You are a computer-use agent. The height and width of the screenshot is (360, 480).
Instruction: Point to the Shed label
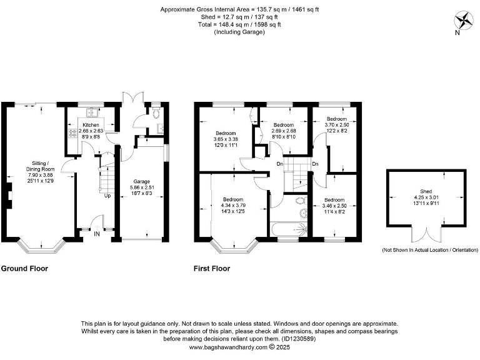426,192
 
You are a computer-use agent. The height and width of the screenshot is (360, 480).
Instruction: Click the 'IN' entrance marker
97,234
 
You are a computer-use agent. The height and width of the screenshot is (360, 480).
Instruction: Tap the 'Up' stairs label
107,196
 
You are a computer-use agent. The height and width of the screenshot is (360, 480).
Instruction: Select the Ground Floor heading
24,269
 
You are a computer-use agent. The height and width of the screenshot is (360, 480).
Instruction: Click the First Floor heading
212,269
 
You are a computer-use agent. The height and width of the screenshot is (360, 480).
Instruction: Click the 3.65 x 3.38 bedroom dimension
226,139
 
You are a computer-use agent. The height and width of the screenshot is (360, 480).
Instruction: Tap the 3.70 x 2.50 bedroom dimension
337,125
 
